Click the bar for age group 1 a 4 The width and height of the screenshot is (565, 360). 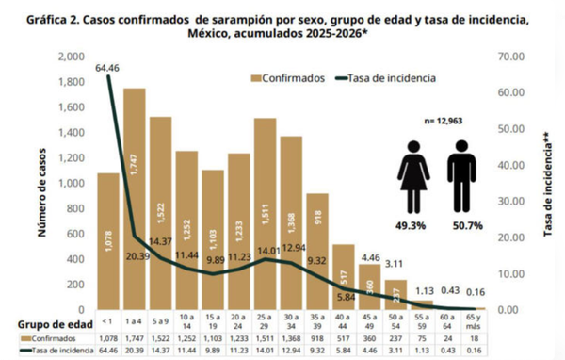(135, 198)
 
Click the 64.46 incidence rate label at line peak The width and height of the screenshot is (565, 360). (108, 68)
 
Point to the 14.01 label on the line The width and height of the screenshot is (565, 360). (266, 251)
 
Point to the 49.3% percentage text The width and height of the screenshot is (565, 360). (414, 226)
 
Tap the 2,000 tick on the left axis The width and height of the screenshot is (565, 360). (70, 57)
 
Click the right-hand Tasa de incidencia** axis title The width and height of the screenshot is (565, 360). (549, 184)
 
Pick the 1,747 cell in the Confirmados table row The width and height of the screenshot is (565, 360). (135, 336)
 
